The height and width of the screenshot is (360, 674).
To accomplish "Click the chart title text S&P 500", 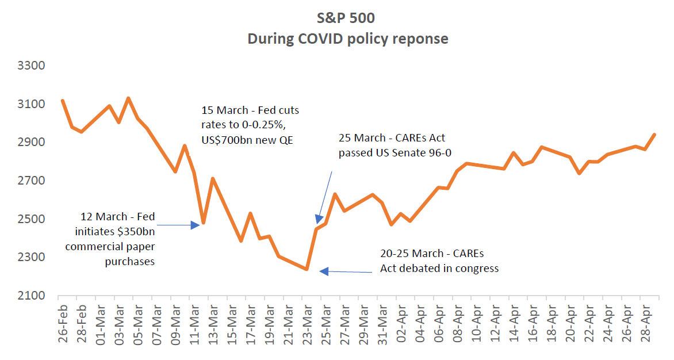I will pyautogui.click(x=348, y=18).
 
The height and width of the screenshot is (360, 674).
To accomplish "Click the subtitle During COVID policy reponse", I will pyautogui.click(x=348, y=39).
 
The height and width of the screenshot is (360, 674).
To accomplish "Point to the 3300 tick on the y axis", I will pyautogui.click(x=32, y=66).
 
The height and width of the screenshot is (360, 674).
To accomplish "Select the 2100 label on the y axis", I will pyautogui.click(x=32, y=296).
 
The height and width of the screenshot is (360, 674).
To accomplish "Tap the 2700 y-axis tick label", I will pyautogui.click(x=32, y=181).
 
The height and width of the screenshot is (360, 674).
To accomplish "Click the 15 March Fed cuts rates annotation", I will pyautogui.click(x=250, y=125).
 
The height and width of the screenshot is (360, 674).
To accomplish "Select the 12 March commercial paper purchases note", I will pyautogui.click(x=117, y=239).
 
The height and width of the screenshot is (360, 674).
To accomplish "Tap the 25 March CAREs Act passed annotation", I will pyautogui.click(x=392, y=145).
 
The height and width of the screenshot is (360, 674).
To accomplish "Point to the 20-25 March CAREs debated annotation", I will pyautogui.click(x=439, y=261).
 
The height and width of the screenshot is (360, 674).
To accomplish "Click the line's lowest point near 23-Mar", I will pyautogui.click(x=307, y=269).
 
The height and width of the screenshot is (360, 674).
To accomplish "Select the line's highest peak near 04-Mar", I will pyautogui.click(x=128, y=98).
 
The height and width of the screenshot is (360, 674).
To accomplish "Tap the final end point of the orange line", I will pyautogui.click(x=655, y=135).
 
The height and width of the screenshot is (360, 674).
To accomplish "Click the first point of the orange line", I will pyautogui.click(x=62, y=101).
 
